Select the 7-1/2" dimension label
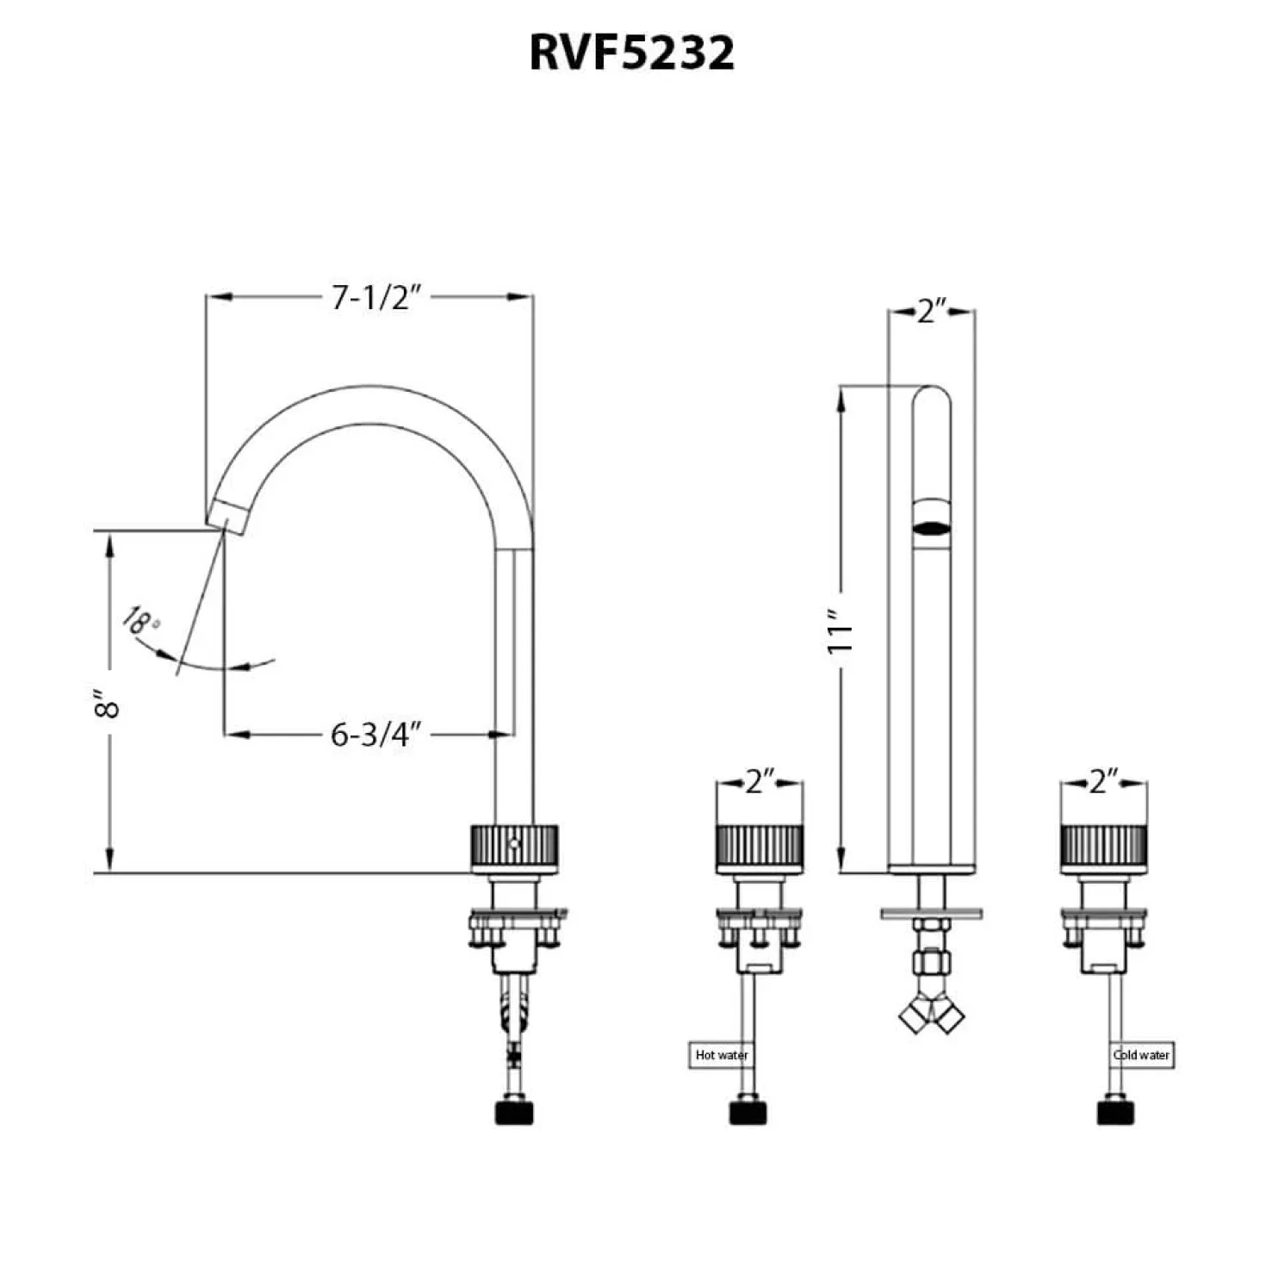tap(375, 298)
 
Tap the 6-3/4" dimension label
tap(375, 735)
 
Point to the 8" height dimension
tap(107, 703)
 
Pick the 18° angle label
tap(140, 621)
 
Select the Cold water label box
tap(1142, 1054)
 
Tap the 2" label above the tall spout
tap(932, 311)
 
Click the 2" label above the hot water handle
tap(760, 782)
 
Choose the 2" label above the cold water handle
tap(1104, 782)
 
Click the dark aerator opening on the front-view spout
tap(931, 527)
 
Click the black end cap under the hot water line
tap(748, 1113)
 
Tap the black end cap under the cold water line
tap(1115, 1113)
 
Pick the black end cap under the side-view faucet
tap(514, 1113)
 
